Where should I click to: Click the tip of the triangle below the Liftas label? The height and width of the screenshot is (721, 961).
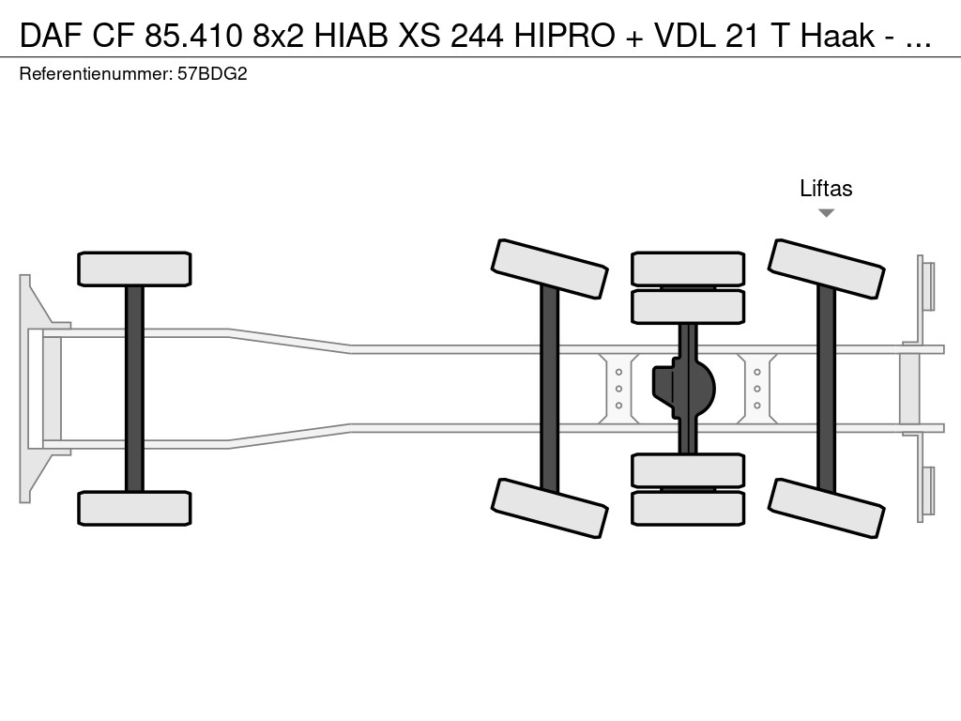pos(826,217)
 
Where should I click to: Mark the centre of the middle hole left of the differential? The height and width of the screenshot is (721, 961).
pos(619,389)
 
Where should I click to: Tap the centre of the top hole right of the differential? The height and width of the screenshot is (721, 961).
pos(757,372)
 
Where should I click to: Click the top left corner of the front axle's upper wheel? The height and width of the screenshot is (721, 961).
pos(79,253)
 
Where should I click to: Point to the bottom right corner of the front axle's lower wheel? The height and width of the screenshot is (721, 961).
pos(191,525)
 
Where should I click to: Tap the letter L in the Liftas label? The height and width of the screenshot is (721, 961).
pos(804,188)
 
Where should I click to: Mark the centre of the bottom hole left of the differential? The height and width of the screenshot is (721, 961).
pos(619,406)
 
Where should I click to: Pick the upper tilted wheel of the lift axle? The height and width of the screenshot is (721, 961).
pos(826,268)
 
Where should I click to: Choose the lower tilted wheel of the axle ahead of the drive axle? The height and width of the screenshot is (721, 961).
pos(550,508)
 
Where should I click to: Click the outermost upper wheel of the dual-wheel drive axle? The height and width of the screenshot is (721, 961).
pos(688,268)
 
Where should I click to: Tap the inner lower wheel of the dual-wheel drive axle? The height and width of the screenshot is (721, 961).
pos(688,470)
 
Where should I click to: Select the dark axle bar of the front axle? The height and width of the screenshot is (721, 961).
pos(134,389)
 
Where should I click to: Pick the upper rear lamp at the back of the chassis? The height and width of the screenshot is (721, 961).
pos(926,285)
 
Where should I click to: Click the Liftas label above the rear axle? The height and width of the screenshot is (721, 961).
pos(826,188)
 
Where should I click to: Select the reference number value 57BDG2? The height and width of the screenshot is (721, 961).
pos(212,74)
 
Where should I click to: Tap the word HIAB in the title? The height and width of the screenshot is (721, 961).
pos(351,36)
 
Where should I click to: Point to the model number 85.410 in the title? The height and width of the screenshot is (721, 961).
pos(193,36)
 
